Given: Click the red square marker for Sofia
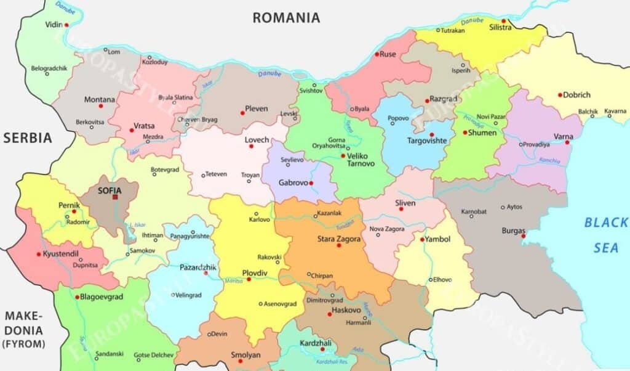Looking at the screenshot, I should [114, 197].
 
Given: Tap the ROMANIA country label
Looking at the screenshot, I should [286, 18].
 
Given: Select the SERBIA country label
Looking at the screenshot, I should [28, 138].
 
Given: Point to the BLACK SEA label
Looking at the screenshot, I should [605, 235].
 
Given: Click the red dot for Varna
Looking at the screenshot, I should [568, 143].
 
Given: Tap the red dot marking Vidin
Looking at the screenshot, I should [66, 25].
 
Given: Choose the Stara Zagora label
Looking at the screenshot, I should [338, 238].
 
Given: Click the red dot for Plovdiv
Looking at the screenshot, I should [249, 279].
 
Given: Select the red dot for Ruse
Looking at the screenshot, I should [377, 54].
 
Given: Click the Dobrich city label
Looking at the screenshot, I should [578, 95].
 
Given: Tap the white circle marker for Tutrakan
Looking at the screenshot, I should [438, 30].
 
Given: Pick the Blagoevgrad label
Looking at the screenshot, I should [102, 296].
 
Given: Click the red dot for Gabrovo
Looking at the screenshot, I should [311, 183].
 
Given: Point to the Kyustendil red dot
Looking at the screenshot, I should [39, 254].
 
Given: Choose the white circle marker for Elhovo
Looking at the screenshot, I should [431, 280].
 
